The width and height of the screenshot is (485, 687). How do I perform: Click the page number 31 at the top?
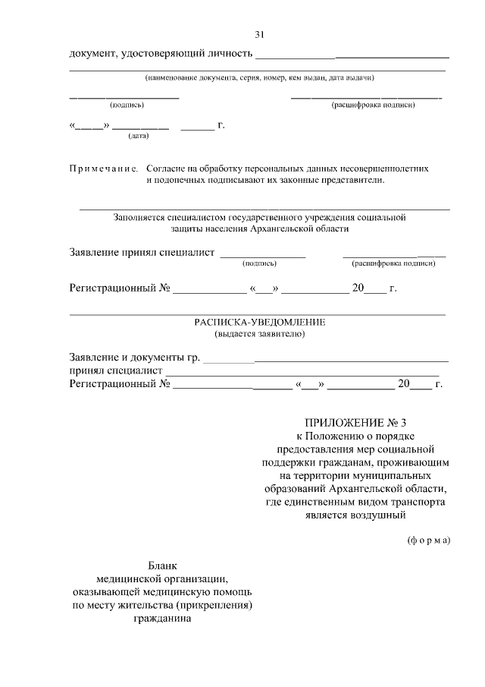260,35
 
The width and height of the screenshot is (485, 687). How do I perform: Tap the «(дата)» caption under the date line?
138,136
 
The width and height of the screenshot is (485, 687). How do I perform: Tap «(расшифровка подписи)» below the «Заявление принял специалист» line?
393,263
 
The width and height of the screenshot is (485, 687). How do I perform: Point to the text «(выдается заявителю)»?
259,333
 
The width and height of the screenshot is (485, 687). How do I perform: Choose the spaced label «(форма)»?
428,540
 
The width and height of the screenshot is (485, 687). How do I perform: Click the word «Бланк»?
162,566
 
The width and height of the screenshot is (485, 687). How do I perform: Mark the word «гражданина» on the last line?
162,618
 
